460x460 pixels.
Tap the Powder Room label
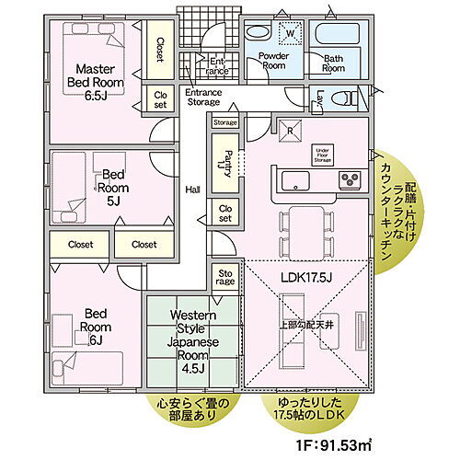(x=273, y=62)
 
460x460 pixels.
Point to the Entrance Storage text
(x=204, y=98)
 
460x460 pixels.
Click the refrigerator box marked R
(x=291, y=129)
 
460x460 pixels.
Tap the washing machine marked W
(x=290, y=35)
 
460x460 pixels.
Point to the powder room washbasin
(x=259, y=32)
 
